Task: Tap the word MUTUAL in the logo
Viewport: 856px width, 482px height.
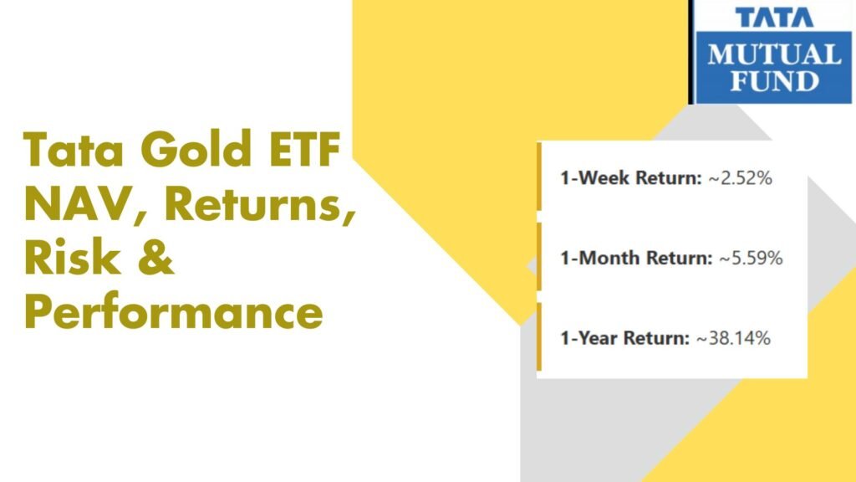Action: pyautogui.click(x=775, y=55)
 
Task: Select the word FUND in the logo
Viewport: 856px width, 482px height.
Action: pyautogui.click(x=775, y=81)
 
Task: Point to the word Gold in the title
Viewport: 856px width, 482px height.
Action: pyautogui.click(x=196, y=148)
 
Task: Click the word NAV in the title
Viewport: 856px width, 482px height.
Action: pyautogui.click(x=81, y=204)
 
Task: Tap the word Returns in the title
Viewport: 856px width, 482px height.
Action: pyautogui.click(x=260, y=204)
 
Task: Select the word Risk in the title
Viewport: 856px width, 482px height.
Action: pyautogui.click(x=72, y=257)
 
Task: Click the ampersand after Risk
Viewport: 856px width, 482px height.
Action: pyautogui.click(x=156, y=258)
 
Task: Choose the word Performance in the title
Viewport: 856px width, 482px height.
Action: pyautogui.click(x=174, y=312)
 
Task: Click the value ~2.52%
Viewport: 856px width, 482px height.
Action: pyautogui.click(x=741, y=178)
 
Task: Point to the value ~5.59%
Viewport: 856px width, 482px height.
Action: pyautogui.click(x=751, y=258)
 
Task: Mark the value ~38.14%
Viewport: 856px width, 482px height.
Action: pyautogui.click(x=733, y=338)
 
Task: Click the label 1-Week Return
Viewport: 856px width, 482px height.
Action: pyautogui.click(x=630, y=178)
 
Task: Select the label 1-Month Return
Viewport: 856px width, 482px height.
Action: pyautogui.click(x=636, y=258)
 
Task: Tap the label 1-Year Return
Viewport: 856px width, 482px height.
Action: pyautogui.click(x=624, y=338)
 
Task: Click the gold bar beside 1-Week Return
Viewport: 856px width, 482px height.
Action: pyautogui.click(x=539, y=177)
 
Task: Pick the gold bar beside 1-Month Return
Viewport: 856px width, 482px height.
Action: pyautogui.click(x=539, y=257)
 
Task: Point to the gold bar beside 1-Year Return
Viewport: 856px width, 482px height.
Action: pyautogui.click(x=539, y=336)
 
